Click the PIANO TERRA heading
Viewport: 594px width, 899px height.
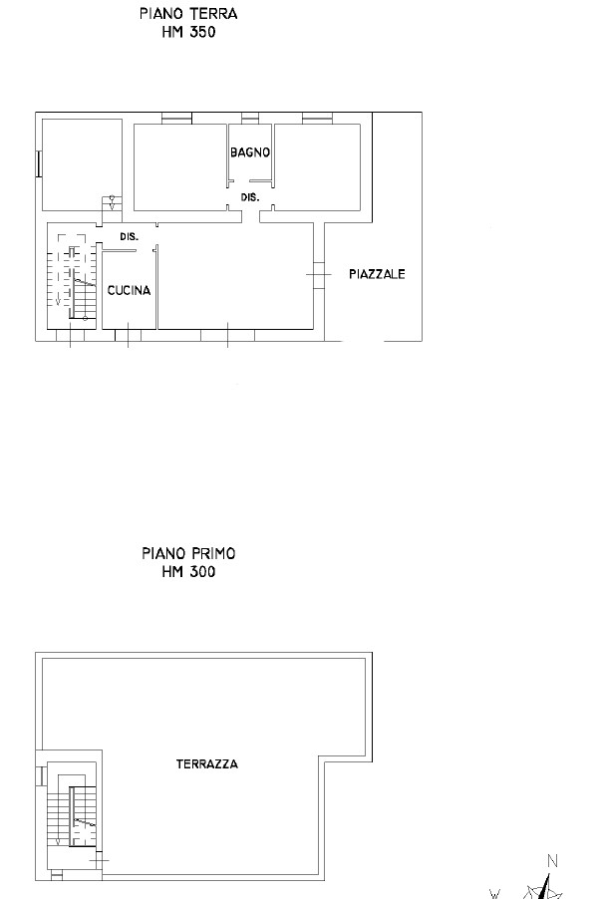(x=188, y=13)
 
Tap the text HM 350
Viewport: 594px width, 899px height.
(x=188, y=32)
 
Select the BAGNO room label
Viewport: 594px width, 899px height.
(x=250, y=152)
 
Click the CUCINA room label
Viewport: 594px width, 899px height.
(x=129, y=291)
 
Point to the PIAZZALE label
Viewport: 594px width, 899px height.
(x=377, y=274)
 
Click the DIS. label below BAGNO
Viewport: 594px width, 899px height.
(x=250, y=197)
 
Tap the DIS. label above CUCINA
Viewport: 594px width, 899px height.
(x=129, y=236)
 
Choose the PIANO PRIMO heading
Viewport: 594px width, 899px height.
(x=188, y=553)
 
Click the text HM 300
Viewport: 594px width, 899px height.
(x=188, y=572)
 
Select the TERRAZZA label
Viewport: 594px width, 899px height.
(x=207, y=764)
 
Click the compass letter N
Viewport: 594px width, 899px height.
(x=552, y=860)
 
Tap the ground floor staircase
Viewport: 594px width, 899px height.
(x=71, y=276)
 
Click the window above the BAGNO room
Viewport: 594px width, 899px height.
(x=250, y=119)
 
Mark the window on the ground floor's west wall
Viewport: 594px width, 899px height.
(x=39, y=164)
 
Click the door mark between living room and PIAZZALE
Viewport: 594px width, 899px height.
(x=319, y=275)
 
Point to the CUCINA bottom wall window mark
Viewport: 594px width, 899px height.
(x=128, y=336)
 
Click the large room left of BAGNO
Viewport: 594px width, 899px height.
(x=180, y=167)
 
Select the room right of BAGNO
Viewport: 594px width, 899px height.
(x=317, y=167)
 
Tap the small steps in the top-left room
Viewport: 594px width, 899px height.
(x=112, y=203)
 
